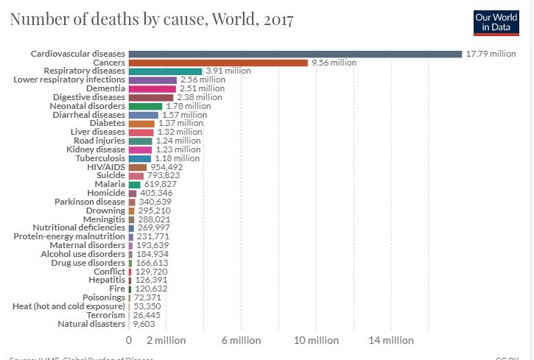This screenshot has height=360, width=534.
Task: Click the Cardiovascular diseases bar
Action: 295,54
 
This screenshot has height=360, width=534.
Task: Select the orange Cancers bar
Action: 218,63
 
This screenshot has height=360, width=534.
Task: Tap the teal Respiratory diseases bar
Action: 165,71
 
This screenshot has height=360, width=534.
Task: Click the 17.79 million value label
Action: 491,54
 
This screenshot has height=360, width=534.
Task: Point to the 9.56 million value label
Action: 334,63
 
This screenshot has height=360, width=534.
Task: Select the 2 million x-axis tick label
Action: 166,340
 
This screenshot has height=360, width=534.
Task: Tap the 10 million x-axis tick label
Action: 317,340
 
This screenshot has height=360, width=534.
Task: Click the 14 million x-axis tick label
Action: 392,340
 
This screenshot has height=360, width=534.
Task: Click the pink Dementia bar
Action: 152,88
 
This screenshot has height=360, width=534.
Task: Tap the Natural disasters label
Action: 91,323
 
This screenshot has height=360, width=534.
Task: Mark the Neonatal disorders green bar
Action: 145,106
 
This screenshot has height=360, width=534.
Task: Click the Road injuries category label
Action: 99,141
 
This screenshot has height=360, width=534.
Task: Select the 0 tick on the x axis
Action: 129,340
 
